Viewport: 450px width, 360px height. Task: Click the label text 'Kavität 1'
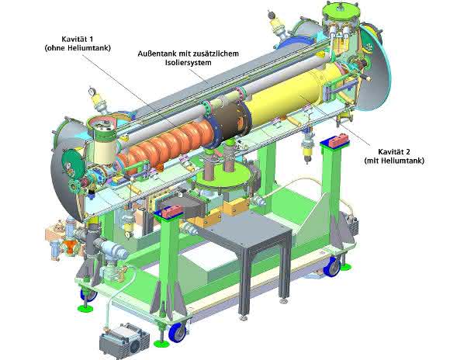(78, 39)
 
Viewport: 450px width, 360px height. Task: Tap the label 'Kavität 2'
(394, 151)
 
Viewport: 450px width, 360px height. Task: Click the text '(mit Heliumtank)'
(394, 161)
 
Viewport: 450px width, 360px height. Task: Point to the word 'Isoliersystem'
(188, 63)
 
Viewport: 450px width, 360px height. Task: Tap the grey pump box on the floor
(124, 341)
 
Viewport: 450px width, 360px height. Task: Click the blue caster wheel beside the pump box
(178, 332)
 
